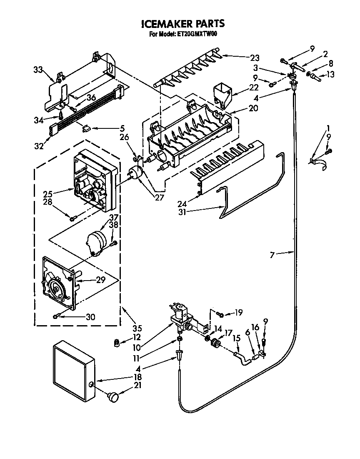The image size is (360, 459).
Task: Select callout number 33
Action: coord(38,70)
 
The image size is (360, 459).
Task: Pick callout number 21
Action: coord(138,386)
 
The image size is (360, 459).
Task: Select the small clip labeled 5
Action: coord(87,128)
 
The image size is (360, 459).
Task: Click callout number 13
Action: coord(330,75)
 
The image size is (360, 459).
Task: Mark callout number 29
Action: coord(100,280)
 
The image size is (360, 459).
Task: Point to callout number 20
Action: coord(253,108)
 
